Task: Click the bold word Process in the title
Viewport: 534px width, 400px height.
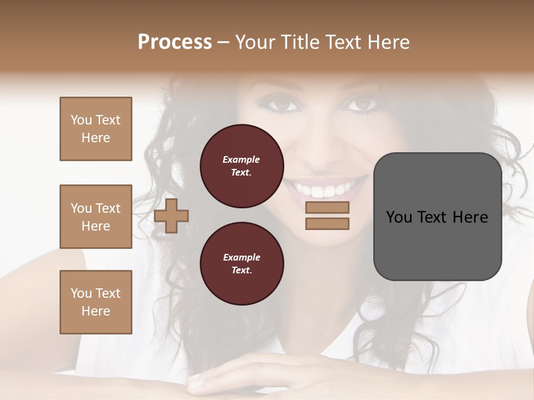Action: (x=175, y=42)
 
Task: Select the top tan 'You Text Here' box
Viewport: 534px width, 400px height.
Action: (x=96, y=129)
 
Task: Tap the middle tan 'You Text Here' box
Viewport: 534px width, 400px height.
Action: (x=96, y=217)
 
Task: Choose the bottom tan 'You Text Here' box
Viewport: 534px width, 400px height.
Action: (x=96, y=302)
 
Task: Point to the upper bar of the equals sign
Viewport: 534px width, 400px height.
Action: (x=327, y=207)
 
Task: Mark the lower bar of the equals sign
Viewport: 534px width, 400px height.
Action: (x=327, y=223)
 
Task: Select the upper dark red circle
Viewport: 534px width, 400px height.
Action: (x=242, y=166)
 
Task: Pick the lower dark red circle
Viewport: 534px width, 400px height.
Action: (x=242, y=264)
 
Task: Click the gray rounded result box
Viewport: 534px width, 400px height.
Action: (x=438, y=217)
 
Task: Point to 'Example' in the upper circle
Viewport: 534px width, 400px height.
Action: (x=241, y=160)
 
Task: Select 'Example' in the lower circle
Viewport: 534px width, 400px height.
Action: (x=241, y=258)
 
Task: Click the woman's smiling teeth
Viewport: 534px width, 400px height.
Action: (x=326, y=191)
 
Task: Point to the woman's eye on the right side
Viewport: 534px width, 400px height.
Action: (x=362, y=104)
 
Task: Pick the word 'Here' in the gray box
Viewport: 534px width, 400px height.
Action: (x=471, y=217)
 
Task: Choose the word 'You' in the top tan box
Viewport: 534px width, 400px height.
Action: (x=81, y=120)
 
